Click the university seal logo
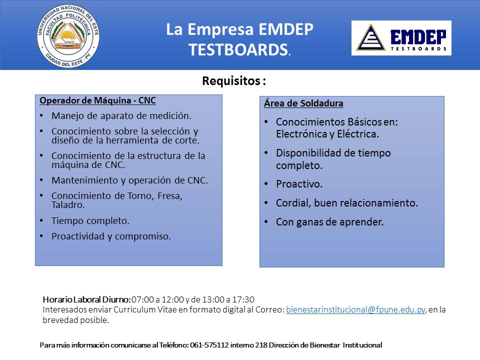click(x=68, y=36)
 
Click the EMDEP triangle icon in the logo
click(x=370, y=37)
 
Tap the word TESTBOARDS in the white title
click(x=238, y=49)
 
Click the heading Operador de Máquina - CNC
click(x=97, y=100)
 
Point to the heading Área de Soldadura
click(x=303, y=103)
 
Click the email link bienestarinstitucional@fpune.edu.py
click(x=355, y=309)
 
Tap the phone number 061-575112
click(x=209, y=345)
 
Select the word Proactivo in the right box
click(x=299, y=184)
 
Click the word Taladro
click(x=68, y=205)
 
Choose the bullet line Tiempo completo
click(x=90, y=220)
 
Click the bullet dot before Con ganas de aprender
click(x=266, y=222)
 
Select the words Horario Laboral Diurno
click(x=87, y=299)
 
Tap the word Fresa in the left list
click(x=170, y=196)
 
